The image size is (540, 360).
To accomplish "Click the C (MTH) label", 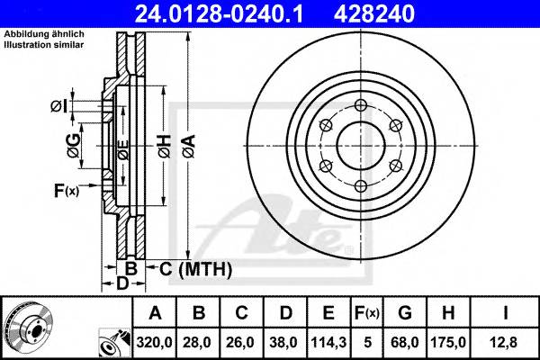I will [x=195, y=268].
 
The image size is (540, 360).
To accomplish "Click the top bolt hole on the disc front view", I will [x=361, y=105].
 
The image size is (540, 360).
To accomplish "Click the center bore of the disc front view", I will [x=361, y=146].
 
